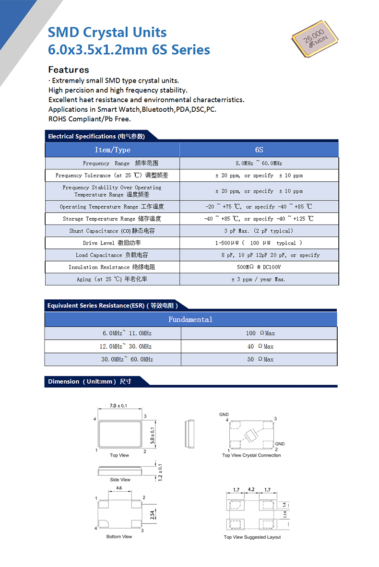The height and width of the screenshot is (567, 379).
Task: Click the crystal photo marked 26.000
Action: tap(315, 39)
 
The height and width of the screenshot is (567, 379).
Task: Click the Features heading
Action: tap(69, 70)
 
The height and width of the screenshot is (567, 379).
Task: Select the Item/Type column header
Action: tap(112, 150)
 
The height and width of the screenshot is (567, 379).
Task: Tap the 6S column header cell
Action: tap(259, 150)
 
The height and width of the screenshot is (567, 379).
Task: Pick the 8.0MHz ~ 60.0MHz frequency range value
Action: tap(259, 164)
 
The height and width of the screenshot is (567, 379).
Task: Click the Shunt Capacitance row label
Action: tap(112, 231)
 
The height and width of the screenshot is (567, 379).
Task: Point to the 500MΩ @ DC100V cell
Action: tap(259, 267)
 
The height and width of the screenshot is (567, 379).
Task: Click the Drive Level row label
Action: tap(112, 243)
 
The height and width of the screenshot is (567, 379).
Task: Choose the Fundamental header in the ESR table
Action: tap(190, 319)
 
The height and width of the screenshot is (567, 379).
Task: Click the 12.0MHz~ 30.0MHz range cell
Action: tap(126, 346)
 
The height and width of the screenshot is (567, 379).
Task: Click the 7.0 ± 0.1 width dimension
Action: tap(118, 406)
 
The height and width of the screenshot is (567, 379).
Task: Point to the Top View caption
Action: tap(119, 455)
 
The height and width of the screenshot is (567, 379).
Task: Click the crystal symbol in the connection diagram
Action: tap(250, 436)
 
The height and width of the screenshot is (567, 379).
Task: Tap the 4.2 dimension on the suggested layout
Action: tap(250, 490)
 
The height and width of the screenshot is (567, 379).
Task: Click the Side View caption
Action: tap(120, 480)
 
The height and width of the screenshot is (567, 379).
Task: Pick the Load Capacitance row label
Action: tap(112, 255)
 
